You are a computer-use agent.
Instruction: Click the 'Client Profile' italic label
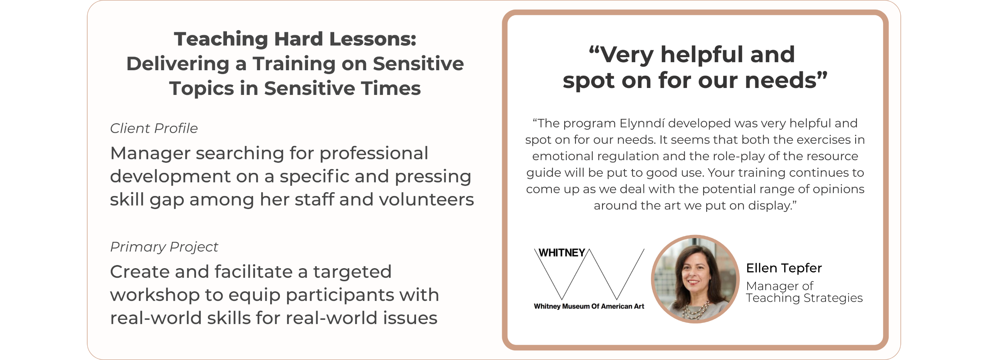click(154, 128)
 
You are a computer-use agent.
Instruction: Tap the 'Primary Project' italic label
click(164, 247)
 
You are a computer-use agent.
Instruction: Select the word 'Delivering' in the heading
click(178, 64)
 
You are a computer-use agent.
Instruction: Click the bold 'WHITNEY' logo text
click(562, 253)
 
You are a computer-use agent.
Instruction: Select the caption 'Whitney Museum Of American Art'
click(589, 306)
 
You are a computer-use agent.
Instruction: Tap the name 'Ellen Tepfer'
click(784, 268)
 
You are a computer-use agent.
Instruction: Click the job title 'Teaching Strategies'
click(804, 298)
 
